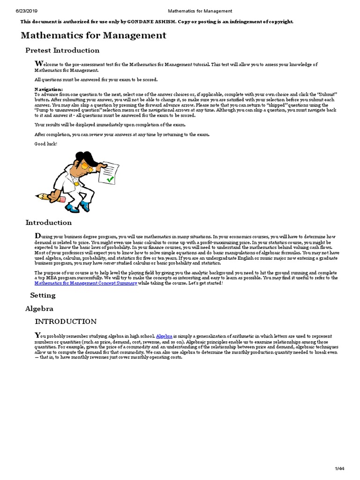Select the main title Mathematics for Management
click(93, 35)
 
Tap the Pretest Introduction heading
click(62, 51)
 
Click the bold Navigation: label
click(48, 89)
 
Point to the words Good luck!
click(45, 143)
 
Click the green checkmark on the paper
click(110, 179)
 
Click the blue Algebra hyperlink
click(164, 337)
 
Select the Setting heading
click(43, 295)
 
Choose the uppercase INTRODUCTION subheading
click(66, 322)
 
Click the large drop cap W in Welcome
click(38, 64)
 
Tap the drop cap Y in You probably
click(37, 335)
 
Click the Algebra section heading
click(39, 308)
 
